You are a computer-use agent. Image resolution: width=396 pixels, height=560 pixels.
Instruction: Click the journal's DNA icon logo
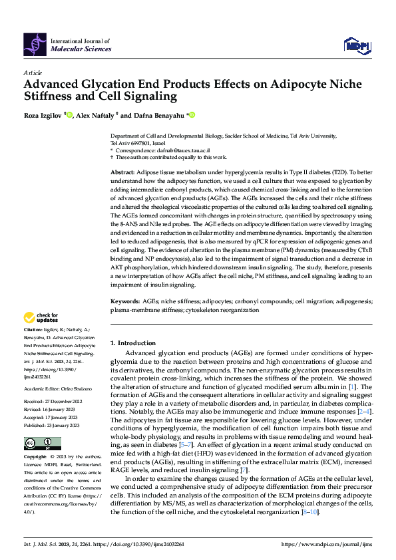35,45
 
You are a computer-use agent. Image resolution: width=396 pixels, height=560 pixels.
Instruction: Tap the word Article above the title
33,72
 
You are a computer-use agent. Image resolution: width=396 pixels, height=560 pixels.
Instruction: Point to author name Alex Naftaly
95,116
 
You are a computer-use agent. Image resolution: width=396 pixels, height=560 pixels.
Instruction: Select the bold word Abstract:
124,172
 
